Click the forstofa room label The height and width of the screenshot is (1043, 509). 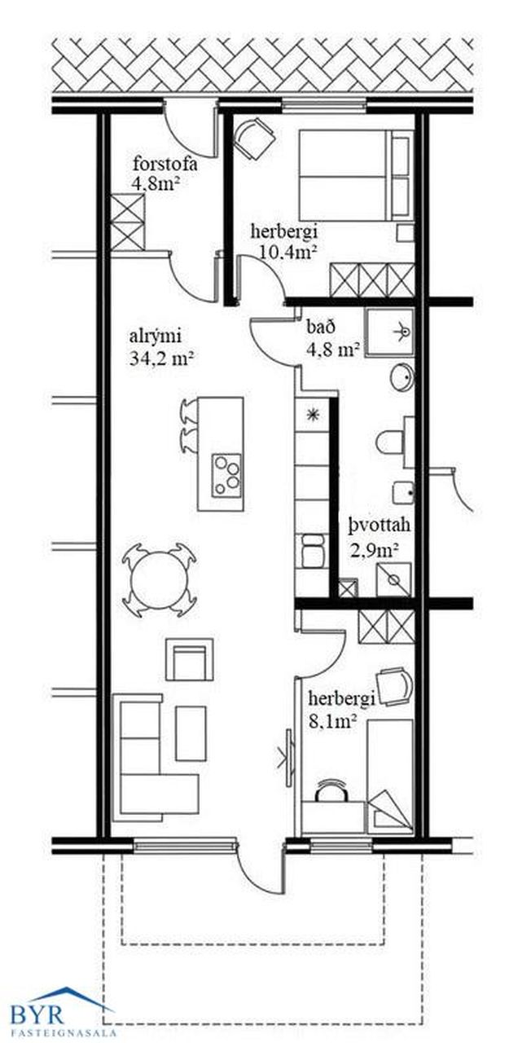pyautogui.click(x=165, y=165)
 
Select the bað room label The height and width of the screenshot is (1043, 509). pyautogui.click(x=320, y=327)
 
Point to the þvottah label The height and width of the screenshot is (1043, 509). pyautogui.click(x=380, y=526)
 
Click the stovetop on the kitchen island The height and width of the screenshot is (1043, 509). pyautogui.click(x=226, y=474)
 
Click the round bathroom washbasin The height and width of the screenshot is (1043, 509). pyautogui.click(x=401, y=376)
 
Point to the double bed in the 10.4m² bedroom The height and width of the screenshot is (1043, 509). pyautogui.click(x=356, y=175)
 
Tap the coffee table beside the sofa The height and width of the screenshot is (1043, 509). pyautogui.click(x=191, y=734)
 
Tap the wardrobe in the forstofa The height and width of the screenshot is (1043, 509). pyautogui.click(x=128, y=222)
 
